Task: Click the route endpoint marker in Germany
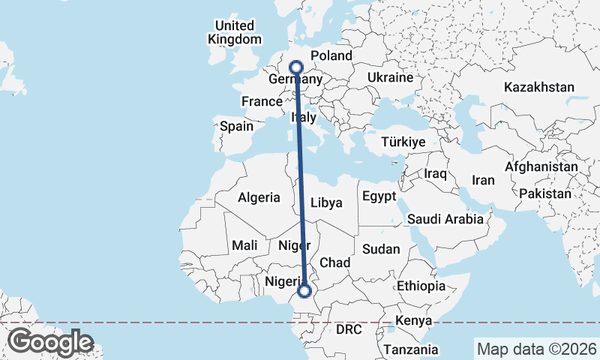[295, 67]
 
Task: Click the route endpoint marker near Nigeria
[304, 291]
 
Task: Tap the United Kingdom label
[235, 32]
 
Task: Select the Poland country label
[331, 55]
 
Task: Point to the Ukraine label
[390, 77]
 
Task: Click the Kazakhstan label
[538, 88]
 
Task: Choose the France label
[261, 101]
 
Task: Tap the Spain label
[236, 127]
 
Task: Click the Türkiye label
[403, 142]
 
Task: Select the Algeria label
[259, 198]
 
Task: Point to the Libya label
[326, 202]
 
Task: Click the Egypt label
[378, 196]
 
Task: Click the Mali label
[245, 245]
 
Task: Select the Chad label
[334, 262]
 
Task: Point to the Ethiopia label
[421, 286]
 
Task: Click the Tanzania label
[410, 349]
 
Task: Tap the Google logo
[50, 342]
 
